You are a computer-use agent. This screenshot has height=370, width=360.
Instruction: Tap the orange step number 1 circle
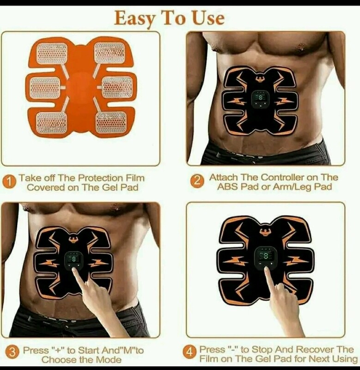9,182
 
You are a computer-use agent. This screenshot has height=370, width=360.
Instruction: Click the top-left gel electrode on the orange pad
52,54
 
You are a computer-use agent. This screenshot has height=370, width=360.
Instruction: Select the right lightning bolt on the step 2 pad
285,101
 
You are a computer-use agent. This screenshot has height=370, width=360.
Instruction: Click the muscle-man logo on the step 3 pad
74,240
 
